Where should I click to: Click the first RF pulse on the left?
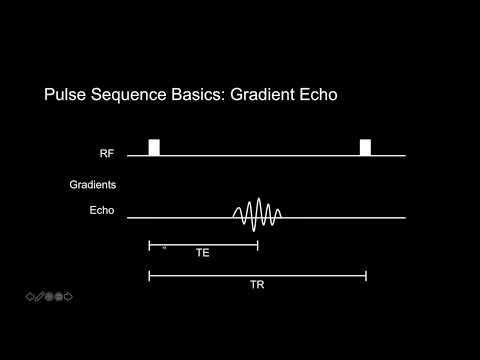(x=154, y=147)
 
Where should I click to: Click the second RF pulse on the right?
(x=365, y=147)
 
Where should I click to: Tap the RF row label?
(x=107, y=155)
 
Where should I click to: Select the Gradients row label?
(x=93, y=185)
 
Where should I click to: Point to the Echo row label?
(x=102, y=211)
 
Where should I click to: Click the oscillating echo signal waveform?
(x=257, y=213)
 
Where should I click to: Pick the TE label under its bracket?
(x=203, y=254)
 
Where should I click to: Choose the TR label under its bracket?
(x=257, y=284)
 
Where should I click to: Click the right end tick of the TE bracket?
(x=258, y=244)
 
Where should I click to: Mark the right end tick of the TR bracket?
(x=366, y=274)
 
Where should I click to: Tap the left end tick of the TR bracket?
(x=149, y=274)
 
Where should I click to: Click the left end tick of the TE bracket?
(x=149, y=244)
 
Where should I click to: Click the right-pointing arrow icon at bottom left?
(x=70, y=296)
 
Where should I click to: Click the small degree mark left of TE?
(x=164, y=246)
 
